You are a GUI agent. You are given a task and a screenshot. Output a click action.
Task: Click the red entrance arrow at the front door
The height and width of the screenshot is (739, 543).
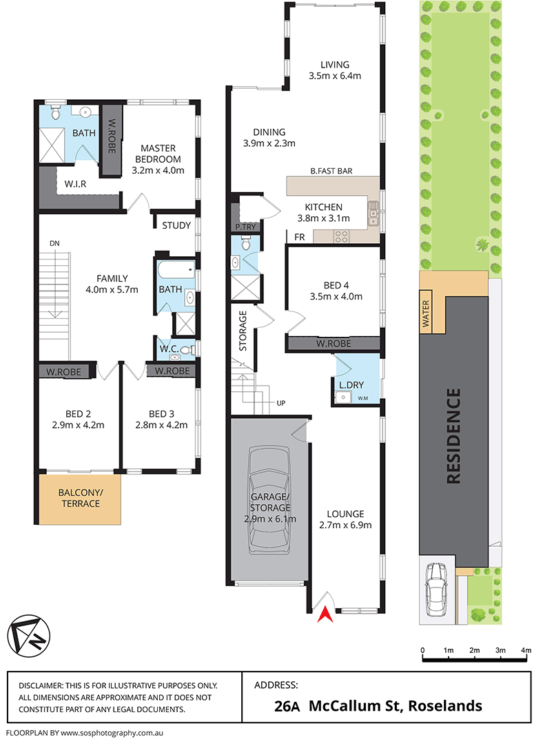321,616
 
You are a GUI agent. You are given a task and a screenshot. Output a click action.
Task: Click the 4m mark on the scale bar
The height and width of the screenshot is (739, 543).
526,650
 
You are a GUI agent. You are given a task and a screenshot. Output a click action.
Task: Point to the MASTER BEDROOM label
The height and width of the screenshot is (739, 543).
158,159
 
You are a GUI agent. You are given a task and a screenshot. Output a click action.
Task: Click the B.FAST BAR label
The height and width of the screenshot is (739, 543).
331,171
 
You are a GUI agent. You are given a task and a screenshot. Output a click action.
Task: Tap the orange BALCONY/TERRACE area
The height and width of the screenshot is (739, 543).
79,498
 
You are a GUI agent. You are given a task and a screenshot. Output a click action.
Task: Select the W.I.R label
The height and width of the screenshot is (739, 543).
75,184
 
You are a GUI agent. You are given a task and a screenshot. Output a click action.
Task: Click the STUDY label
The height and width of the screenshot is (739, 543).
176,225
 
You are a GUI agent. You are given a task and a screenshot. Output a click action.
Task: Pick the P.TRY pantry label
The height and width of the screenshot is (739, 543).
244,227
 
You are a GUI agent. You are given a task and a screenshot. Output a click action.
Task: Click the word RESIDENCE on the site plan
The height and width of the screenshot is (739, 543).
453,437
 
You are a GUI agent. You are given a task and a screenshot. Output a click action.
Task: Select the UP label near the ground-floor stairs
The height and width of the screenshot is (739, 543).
280,403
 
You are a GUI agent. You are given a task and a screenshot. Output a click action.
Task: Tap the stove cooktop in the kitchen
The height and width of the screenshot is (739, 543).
340,236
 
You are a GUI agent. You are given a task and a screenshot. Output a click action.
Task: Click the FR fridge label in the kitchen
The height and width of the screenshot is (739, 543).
300,236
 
